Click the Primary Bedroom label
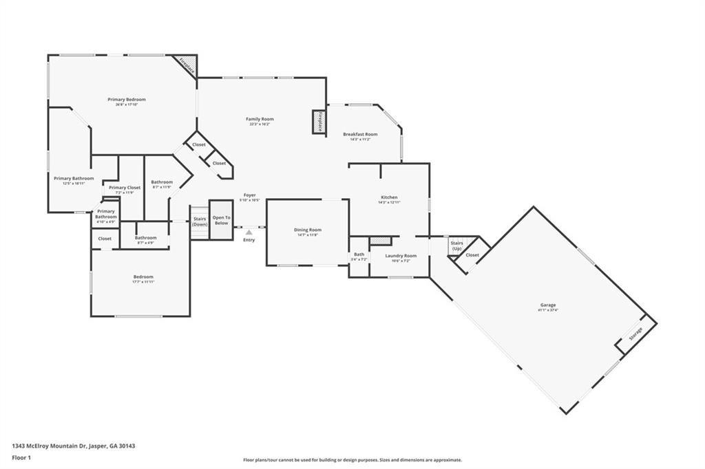[127, 100]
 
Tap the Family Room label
[260, 120]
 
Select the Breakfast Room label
[360, 135]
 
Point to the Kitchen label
[388, 198]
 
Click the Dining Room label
[308, 230]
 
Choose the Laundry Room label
[401, 256]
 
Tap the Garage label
[548, 305]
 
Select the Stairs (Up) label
[456, 246]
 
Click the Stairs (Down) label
[200, 222]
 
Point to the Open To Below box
[221, 220]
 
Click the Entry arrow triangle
[249, 232]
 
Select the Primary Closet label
[125, 188]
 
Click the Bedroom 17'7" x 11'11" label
[143, 278]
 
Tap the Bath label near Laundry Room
[359, 255]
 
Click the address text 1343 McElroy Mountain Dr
[74, 446]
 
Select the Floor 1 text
[21, 457]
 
